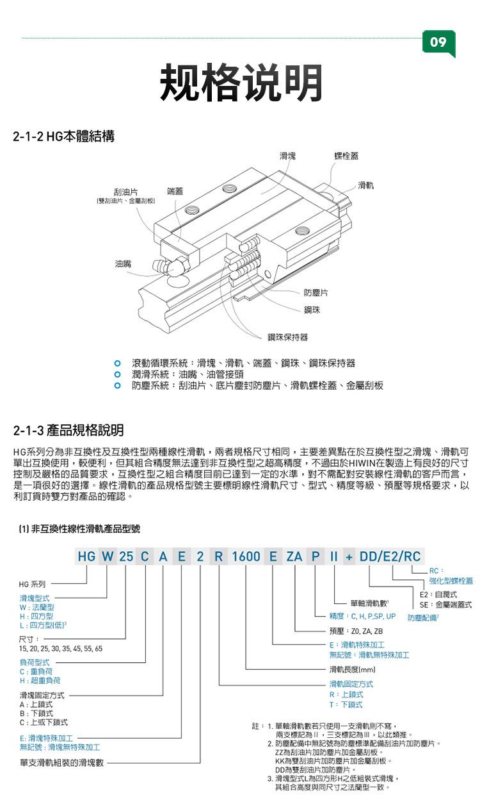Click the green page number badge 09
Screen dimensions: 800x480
438,42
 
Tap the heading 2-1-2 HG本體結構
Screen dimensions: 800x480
64,136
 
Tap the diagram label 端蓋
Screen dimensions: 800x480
175,191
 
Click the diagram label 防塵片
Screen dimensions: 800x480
316,292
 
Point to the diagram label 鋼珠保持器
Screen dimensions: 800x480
287,337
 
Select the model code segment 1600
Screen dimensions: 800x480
246,556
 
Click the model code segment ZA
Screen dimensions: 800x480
294,556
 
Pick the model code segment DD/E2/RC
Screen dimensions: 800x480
390,556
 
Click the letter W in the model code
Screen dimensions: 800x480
107,556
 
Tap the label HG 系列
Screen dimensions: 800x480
32,585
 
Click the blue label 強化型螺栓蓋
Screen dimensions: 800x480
451,581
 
